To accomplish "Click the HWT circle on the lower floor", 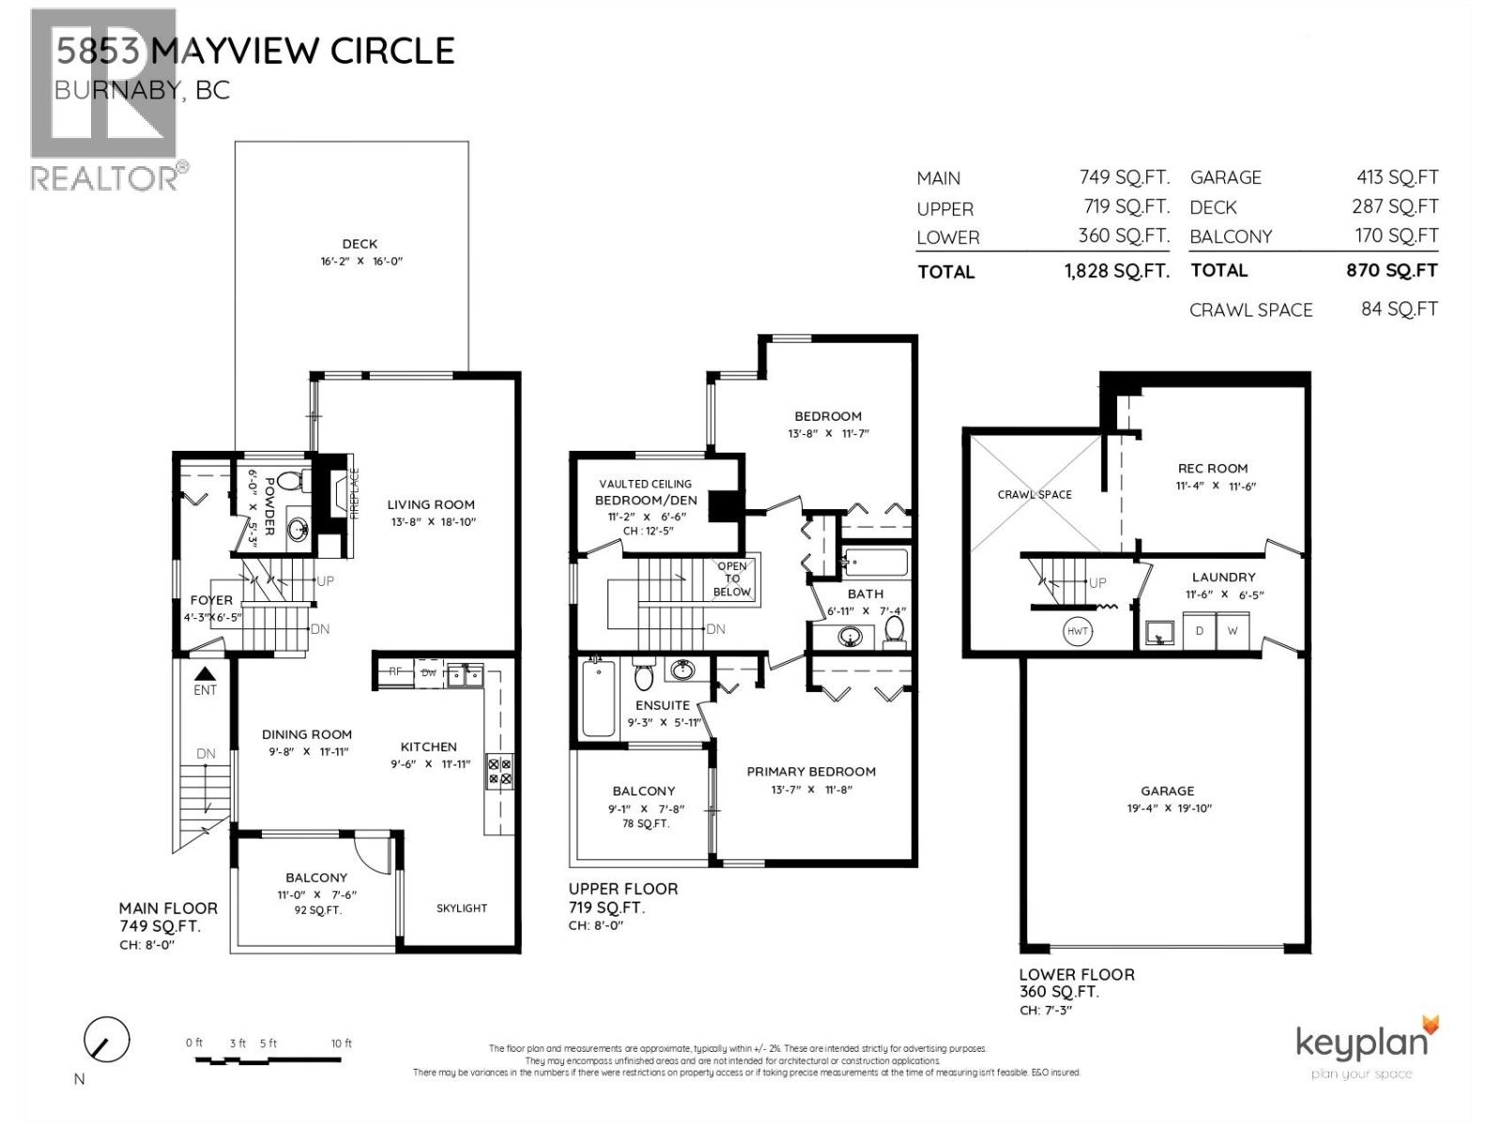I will [1077, 631].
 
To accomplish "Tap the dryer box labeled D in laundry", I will [1199, 631].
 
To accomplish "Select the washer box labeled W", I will [1232, 631].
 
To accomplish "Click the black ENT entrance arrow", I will [205, 673].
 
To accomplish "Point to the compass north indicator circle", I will [106, 1040].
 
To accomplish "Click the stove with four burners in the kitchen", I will [498, 770].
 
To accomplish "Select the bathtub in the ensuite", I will [597, 698].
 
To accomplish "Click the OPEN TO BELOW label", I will [732, 579].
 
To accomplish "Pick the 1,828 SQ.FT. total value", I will [1116, 271].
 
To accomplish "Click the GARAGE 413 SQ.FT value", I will [1397, 177].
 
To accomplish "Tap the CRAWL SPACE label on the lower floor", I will [1035, 494].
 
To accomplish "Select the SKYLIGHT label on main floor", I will [461, 908].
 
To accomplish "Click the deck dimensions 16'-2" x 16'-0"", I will [360, 262].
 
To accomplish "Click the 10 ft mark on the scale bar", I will [341, 1043].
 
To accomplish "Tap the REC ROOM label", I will [1213, 468].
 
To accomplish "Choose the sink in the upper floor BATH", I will [851, 638].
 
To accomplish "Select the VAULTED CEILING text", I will [645, 484].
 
